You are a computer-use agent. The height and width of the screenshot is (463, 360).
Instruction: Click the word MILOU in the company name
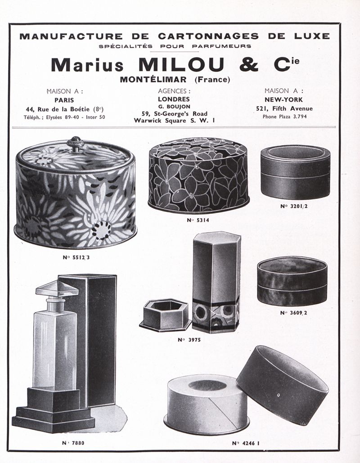click(x=181, y=65)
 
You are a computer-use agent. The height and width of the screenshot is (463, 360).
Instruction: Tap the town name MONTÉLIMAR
click(x=153, y=80)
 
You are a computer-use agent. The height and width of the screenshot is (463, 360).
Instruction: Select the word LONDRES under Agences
click(x=174, y=99)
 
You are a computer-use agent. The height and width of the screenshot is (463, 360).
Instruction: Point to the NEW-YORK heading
click(x=283, y=99)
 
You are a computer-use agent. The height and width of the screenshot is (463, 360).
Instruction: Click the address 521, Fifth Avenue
click(x=284, y=108)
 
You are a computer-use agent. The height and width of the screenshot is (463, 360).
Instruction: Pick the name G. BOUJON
click(x=174, y=107)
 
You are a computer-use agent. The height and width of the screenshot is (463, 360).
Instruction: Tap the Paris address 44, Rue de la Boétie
click(x=65, y=109)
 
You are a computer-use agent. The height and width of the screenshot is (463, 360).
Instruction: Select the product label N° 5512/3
click(x=76, y=257)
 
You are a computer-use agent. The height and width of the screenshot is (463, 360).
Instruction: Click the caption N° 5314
click(x=198, y=220)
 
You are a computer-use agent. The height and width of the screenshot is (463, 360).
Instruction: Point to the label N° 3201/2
click(x=294, y=206)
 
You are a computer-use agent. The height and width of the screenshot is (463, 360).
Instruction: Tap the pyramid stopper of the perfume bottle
click(x=57, y=289)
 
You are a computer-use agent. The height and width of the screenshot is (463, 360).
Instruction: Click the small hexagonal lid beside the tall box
click(x=165, y=315)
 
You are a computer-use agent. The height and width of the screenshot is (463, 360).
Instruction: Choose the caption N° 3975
click(x=189, y=340)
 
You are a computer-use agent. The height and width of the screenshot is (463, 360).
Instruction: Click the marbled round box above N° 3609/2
click(x=292, y=281)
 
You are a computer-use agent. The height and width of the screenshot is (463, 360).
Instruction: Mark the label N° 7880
click(x=73, y=443)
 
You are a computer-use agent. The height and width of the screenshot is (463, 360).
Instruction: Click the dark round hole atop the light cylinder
click(x=207, y=385)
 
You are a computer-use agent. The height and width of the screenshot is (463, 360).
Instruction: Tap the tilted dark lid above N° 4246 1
click(x=282, y=385)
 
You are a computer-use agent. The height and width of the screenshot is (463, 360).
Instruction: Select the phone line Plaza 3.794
click(x=285, y=117)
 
